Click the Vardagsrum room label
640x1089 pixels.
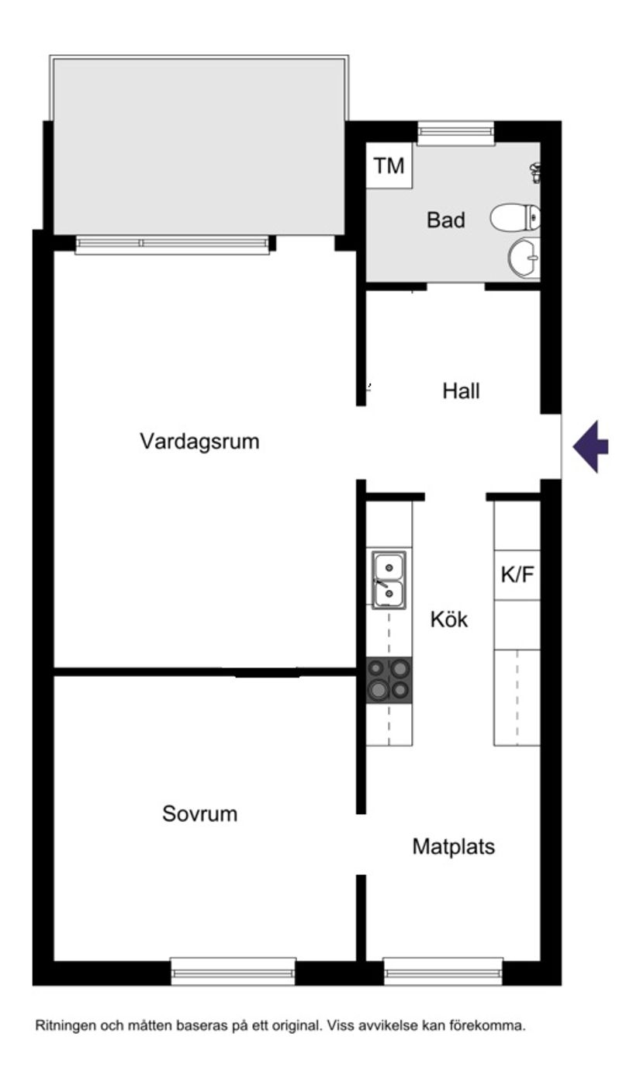199,442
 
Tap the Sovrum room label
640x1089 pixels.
199,813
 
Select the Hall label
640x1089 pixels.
461,391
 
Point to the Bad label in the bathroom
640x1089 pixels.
445,220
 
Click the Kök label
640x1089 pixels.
449,619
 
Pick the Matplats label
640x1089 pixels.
453,846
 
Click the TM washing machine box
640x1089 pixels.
389,165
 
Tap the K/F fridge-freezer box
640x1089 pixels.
517,574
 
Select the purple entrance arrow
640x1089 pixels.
590,446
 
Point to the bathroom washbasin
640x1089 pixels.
524,258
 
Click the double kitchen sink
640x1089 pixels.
389,580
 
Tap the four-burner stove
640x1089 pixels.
389,680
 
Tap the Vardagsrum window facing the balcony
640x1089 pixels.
172,245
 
